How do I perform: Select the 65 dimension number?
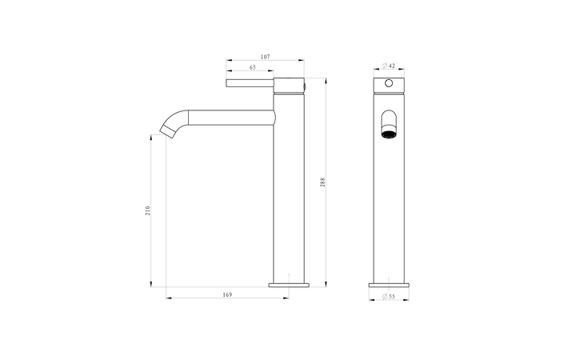pos(253,68)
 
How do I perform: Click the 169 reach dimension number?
pos(226,295)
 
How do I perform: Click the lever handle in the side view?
pos(250,82)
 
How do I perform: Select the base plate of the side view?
pos(289,283)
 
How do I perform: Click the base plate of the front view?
pos(389,283)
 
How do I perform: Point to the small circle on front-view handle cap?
pos(389,83)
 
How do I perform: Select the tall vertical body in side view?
pos(289,200)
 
